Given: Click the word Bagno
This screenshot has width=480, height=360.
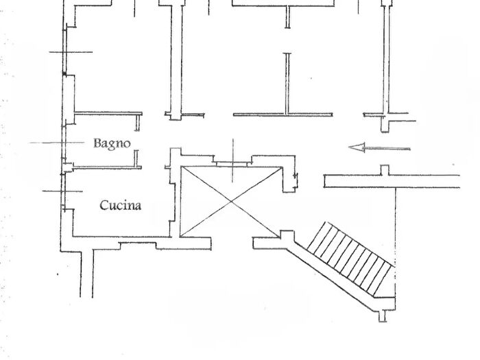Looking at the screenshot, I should point(112,143).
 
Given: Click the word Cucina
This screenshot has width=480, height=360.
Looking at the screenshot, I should point(121,204).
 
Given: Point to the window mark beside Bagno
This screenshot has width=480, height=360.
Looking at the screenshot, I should point(48,143).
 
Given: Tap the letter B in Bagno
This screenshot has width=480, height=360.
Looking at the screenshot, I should point(97,143).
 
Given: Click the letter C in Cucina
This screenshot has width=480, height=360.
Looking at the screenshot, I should point(104,204).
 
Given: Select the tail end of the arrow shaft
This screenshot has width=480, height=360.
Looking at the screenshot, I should point(409,147).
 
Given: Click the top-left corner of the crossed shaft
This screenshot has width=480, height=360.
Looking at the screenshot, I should point(181,167).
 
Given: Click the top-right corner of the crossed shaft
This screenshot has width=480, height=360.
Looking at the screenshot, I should point(281,167).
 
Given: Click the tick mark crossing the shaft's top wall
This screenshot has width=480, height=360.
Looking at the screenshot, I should point(233,160).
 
